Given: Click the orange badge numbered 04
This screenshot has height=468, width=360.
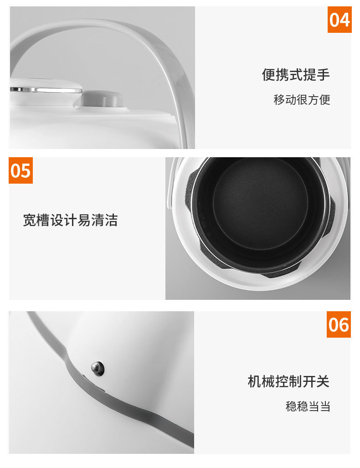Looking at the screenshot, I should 339,21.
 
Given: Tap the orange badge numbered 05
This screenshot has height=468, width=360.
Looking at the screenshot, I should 21,171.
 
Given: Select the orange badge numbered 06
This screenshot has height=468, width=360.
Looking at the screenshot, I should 339,325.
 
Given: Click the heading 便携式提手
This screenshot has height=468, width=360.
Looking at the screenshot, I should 296,75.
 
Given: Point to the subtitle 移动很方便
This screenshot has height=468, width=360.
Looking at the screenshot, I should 302,99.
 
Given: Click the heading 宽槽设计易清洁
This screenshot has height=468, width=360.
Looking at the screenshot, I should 70,221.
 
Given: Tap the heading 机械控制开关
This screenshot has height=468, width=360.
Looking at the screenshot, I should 288,381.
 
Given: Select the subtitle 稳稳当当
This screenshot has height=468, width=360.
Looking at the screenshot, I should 308,406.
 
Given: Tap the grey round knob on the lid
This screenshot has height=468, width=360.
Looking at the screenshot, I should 102,98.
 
